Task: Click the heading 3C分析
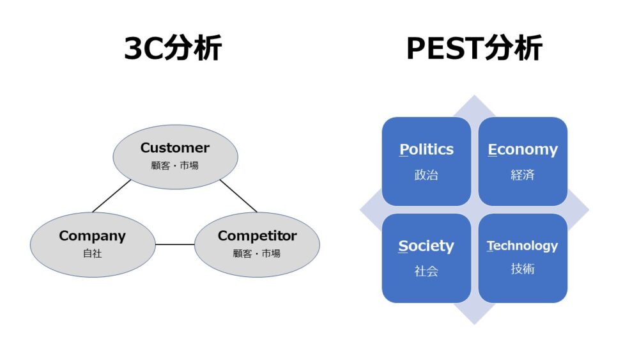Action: pyautogui.click(x=173, y=49)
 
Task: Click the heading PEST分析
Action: pyautogui.click(x=474, y=49)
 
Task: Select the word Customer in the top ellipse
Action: pyautogui.click(x=175, y=148)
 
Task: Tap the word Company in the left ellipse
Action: pyautogui.click(x=92, y=236)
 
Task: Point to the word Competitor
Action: pyautogui.click(x=257, y=236)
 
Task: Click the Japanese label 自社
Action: pyautogui.click(x=92, y=254)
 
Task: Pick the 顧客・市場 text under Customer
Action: pyautogui.click(x=175, y=166)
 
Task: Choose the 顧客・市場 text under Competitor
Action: pyautogui.click(x=257, y=254)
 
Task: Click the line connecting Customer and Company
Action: pyautogui.click(x=111, y=196)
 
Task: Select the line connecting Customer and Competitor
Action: pyautogui.click(x=238, y=196)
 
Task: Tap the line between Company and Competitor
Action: pyautogui.click(x=174, y=244)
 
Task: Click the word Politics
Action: pyautogui.click(x=426, y=150)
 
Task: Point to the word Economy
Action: pyautogui.click(x=523, y=150)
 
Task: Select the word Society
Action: pyautogui.click(x=426, y=246)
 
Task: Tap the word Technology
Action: pyautogui.click(x=523, y=246)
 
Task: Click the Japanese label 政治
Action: pyautogui.click(x=426, y=175)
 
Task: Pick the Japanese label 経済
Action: pyautogui.click(x=523, y=175)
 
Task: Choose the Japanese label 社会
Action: pyautogui.click(x=426, y=271)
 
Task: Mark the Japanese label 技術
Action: pyautogui.click(x=523, y=269)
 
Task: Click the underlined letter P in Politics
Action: pyautogui.click(x=404, y=150)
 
